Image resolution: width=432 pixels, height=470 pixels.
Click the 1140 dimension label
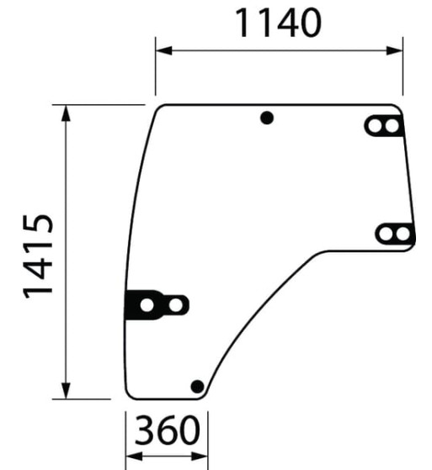[278, 24]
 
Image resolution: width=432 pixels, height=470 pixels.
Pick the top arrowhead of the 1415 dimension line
[66, 112]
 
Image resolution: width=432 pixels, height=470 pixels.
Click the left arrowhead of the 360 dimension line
[131, 455]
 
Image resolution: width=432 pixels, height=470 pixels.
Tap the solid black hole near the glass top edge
[267, 119]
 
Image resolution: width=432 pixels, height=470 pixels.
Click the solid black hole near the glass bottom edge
[197, 386]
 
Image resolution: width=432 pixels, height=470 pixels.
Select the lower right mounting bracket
[394, 234]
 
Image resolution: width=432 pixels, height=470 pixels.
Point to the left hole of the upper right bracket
[375, 126]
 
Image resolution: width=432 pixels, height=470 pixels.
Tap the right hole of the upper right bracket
[391, 126]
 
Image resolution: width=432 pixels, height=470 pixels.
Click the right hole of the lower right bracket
[403, 234]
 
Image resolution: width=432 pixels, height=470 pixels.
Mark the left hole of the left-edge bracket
[147, 304]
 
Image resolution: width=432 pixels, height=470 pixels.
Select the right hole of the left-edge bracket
[174, 304]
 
